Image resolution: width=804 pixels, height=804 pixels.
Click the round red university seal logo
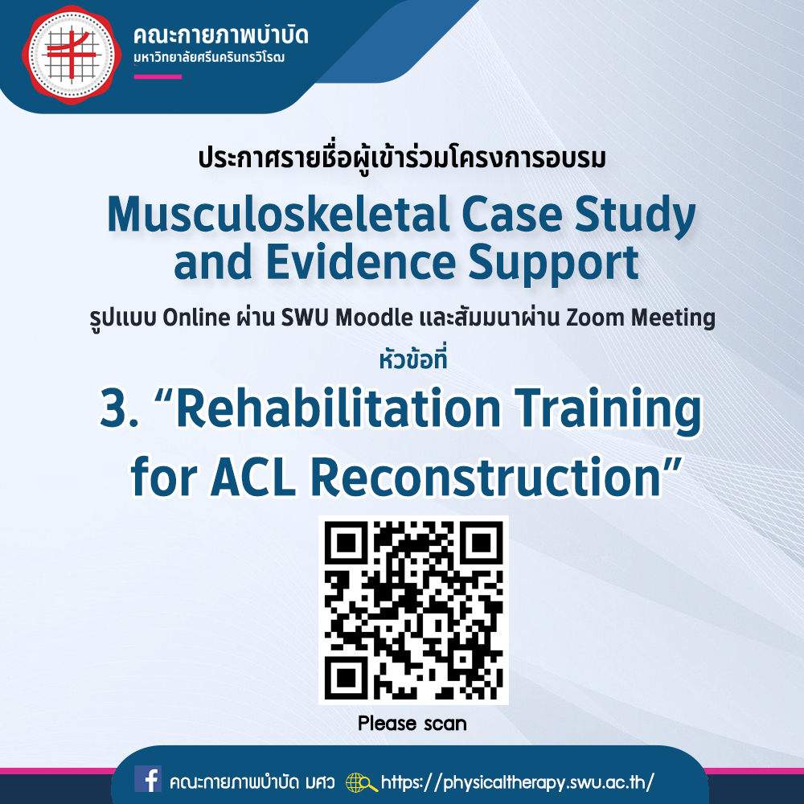[72, 55]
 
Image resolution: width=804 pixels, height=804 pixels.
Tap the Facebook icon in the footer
[148, 779]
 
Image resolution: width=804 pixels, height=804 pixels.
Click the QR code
[413, 609]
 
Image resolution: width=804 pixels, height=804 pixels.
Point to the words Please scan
[412, 724]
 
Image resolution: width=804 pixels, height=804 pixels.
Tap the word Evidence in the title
[361, 262]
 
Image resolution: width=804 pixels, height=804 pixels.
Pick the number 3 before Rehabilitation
[113, 408]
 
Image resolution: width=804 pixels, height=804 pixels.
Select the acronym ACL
[253, 477]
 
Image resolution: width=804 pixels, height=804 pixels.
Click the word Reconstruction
[485, 477]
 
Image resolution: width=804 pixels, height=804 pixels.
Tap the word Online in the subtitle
[196, 318]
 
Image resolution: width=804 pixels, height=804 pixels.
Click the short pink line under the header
[158, 77]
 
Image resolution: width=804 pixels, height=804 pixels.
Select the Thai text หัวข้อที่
[413, 359]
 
